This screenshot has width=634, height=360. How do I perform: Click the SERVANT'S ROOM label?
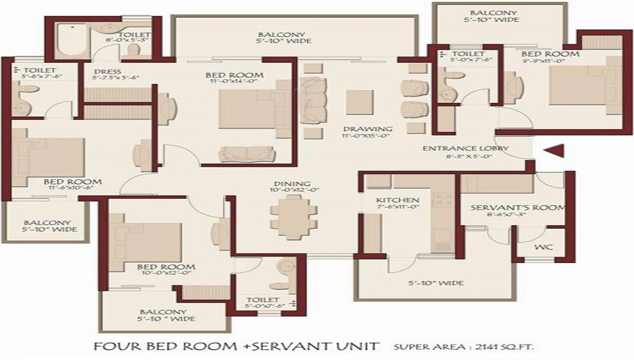(518, 208)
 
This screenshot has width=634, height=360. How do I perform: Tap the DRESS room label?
(107, 71)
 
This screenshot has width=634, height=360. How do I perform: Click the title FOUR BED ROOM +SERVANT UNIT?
(236, 347)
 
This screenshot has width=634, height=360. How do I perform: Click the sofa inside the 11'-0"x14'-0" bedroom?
(243, 154)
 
